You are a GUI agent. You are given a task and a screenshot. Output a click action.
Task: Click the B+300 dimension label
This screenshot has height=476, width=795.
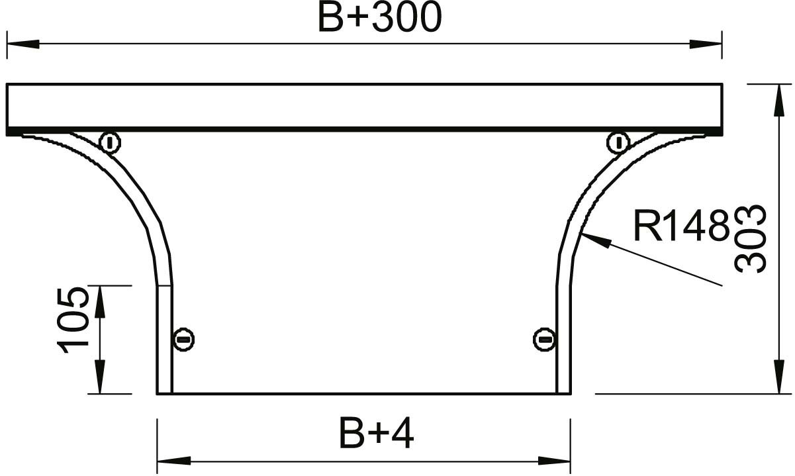pyautogui.click(x=380, y=18)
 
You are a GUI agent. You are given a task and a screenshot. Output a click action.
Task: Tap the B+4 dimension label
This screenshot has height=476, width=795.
pyautogui.click(x=377, y=434)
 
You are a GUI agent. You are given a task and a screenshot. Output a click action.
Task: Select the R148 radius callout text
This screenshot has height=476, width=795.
pyautogui.click(x=682, y=226)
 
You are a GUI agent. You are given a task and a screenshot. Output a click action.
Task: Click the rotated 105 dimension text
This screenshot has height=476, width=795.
pyautogui.click(x=73, y=321)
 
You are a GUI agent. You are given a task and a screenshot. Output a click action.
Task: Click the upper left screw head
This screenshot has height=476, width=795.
pyautogui.click(x=111, y=143)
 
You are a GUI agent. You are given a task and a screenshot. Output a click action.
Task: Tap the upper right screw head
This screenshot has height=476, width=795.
pyautogui.click(x=618, y=143)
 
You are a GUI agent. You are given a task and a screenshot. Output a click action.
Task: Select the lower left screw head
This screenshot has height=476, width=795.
pyautogui.click(x=183, y=340)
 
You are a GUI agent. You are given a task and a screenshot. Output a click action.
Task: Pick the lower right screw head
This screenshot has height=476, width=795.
pyautogui.click(x=543, y=340)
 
